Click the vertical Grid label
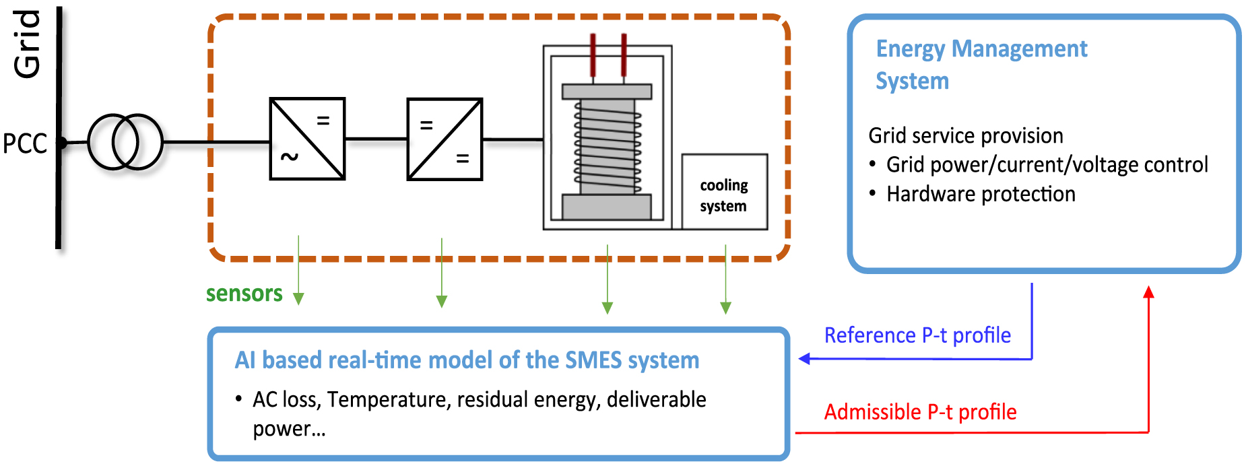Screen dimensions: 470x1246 28,44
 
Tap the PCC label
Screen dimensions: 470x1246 25,143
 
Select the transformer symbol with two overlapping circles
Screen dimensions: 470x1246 125,142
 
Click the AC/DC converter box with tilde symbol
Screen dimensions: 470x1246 307,139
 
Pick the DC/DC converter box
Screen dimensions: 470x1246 445,139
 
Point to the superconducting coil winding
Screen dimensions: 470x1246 608,147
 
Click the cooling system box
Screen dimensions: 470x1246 724,193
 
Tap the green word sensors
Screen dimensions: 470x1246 244,294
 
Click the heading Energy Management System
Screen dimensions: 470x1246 981,65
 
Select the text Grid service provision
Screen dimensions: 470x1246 965,136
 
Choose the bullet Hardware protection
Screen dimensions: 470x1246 981,194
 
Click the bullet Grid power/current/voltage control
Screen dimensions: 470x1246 1047,165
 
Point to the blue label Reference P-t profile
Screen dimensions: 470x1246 917,335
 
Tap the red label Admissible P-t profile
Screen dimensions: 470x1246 920,412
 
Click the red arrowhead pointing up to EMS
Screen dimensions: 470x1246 1148,292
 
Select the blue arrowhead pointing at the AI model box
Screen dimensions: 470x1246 804,359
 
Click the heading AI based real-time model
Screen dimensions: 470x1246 467,360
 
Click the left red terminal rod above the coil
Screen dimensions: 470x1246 593,55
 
